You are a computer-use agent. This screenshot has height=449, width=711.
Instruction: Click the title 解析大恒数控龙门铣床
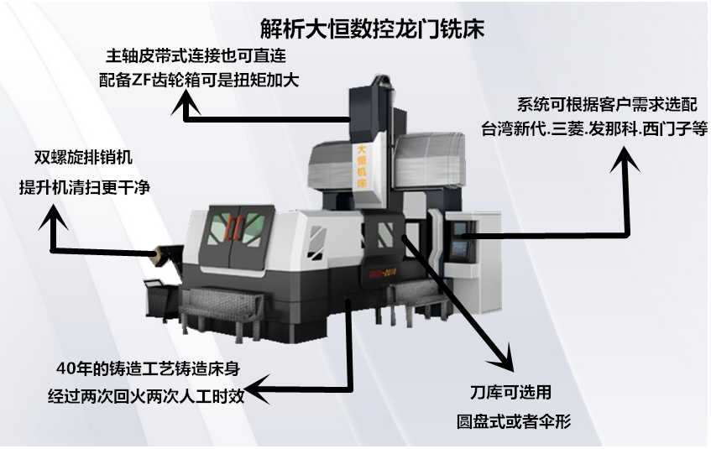click(372, 29)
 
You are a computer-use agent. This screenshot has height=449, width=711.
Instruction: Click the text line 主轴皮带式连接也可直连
click(196, 55)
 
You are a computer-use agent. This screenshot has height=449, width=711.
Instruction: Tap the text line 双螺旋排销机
click(83, 158)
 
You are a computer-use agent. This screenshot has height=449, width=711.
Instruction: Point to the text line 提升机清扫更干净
click(84, 187)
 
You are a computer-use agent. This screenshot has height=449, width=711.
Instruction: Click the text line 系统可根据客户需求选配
click(607, 105)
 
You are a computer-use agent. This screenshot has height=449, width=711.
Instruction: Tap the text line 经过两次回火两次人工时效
click(146, 396)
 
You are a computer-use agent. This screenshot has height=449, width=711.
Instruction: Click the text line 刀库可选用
click(510, 392)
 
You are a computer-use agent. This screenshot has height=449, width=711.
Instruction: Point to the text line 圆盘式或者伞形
click(514, 421)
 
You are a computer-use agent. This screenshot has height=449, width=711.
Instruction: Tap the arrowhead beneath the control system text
click(625, 159)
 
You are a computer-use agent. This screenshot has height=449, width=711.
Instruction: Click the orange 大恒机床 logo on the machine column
click(362, 166)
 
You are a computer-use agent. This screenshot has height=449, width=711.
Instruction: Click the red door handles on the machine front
click(233, 227)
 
